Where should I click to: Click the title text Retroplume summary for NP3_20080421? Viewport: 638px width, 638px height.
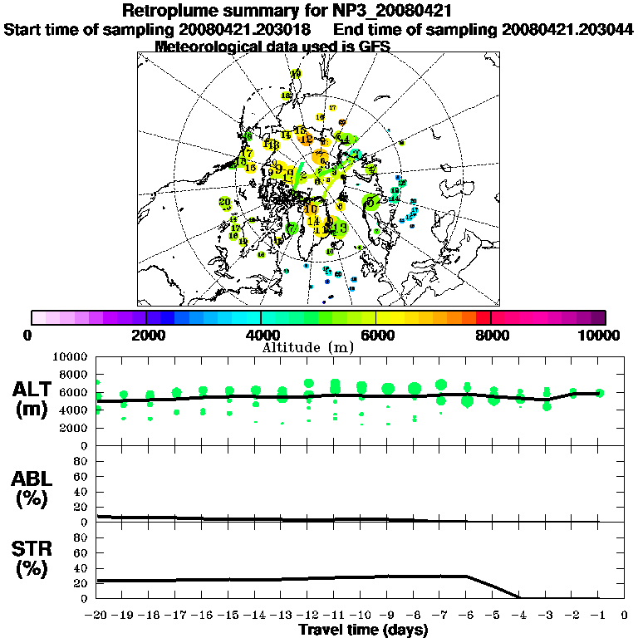pos(319,11)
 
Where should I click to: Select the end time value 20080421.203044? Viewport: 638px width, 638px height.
pos(568,29)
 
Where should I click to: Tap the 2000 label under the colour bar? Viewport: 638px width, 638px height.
pos(146,335)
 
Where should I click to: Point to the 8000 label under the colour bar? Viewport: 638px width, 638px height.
pos(490,335)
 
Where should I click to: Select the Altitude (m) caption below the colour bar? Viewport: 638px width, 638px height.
pos(318,346)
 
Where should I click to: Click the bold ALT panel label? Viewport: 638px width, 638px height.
pos(34,390)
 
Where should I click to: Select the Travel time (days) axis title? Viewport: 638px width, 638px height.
pos(363,630)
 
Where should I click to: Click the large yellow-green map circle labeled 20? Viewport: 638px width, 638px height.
pos(224,203)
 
